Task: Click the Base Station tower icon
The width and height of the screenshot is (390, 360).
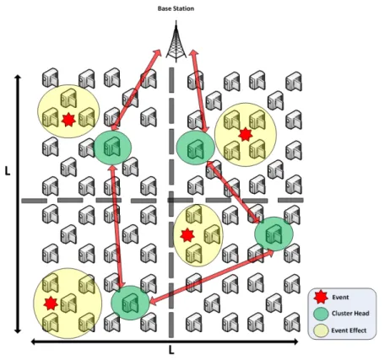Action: pyautogui.click(x=176, y=41)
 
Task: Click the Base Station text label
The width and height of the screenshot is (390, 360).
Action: pyautogui.click(x=176, y=8)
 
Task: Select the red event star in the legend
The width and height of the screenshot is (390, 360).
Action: pyautogui.click(x=321, y=298)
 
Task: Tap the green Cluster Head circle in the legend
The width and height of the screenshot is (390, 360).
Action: pyautogui.click(x=321, y=314)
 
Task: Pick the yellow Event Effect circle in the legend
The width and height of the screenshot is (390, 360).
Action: pyautogui.click(x=321, y=330)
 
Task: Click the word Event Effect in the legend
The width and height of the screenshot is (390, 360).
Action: pyautogui.click(x=349, y=330)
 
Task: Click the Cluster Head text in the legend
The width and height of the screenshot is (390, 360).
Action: pyautogui.click(x=350, y=314)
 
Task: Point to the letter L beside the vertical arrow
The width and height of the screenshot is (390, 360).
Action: pyautogui.click(x=8, y=170)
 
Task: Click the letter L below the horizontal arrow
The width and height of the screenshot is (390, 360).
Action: pyautogui.click(x=171, y=351)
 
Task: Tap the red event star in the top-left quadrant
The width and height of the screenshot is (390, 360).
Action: pyautogui.click(x=68, y=120)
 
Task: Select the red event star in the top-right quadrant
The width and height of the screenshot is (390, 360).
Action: pyautogui.click(x=246, y=134)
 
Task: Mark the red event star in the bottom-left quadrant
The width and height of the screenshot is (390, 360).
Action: pyautogui.click(x=51, y=304)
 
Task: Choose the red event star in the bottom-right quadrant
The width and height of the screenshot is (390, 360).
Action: pyautogui.click(x=187, y=235)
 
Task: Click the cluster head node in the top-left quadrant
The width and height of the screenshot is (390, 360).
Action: pyautogui.click(x=112, y=148)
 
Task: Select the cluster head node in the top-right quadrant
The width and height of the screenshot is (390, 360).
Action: pyautogui.click(x=195, y=148)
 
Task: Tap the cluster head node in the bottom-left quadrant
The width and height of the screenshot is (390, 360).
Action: pyautogui.click(x=130, y=303)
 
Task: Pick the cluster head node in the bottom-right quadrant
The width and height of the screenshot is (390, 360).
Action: pyautogui.click(x=274, y=234)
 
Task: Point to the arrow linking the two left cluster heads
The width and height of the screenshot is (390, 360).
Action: pyautogui.click(x=117, y=227)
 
